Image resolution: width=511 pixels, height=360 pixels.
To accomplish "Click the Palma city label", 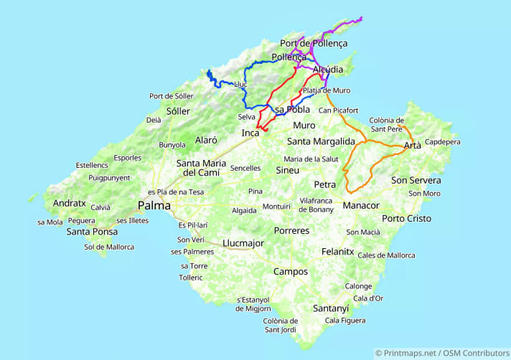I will click(154, 206).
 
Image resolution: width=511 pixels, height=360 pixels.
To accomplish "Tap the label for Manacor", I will click(360, 205).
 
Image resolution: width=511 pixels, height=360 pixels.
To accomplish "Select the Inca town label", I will click(250, 133).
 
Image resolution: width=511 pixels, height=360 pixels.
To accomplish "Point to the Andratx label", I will click(69, 203).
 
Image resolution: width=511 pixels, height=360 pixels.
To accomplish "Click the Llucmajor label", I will click(244, 243).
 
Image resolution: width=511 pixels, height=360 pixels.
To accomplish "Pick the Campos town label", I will click(291, 272).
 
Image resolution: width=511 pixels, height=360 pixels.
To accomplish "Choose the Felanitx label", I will click(338, 252).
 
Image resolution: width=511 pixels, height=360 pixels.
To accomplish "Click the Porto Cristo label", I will click(407, 218).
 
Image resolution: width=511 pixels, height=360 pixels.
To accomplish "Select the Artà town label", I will click(413, 146).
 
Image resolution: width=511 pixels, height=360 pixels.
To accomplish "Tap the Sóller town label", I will click(178, 111).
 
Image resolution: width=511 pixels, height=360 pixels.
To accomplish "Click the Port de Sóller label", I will click(171, 96).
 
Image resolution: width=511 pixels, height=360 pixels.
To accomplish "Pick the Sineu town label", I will click(288, 170).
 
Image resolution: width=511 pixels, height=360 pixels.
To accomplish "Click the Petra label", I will click(325, 184).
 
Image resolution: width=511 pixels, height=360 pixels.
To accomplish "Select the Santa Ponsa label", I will click(93, 232).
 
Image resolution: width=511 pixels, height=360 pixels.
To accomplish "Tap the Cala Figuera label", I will click(344, 320).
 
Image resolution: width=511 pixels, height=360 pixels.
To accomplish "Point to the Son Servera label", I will click(416, 180).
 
